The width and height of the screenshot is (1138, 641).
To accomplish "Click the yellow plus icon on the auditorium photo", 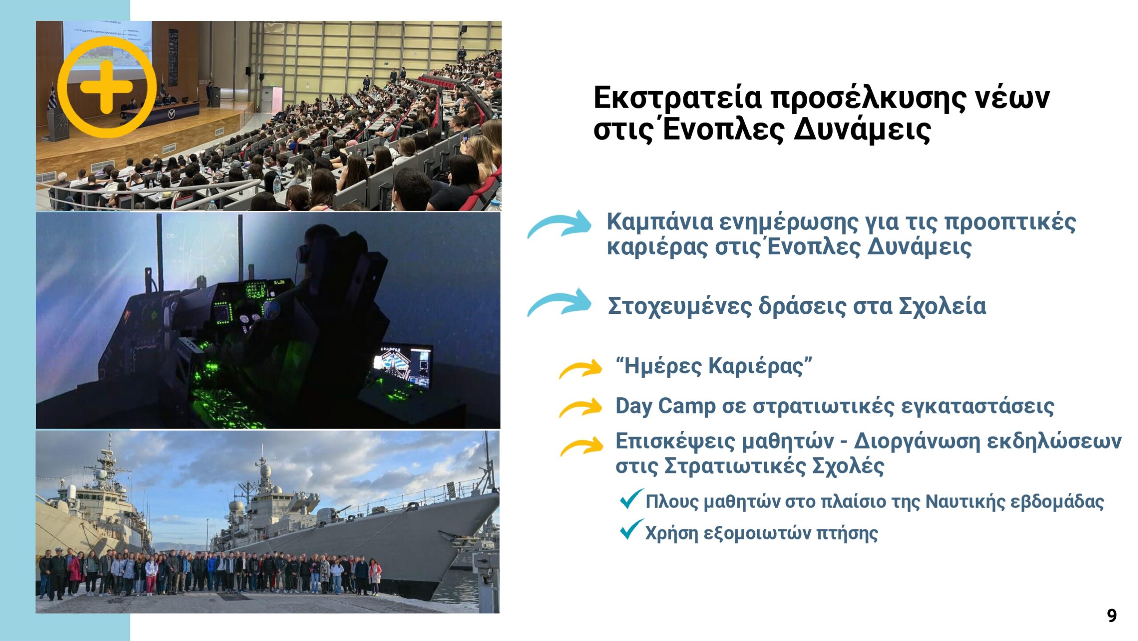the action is tap(107, 87).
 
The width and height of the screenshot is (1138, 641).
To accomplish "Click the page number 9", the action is tap(1111, 616).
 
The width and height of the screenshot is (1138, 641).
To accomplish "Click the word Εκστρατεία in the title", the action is tap(678, 99).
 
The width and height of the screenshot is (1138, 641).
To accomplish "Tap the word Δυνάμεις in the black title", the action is tap(862, 130).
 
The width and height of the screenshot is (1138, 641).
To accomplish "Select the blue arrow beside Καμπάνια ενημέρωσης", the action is tap(559, 224).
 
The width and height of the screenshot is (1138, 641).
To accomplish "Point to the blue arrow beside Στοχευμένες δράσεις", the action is tap(559, 302).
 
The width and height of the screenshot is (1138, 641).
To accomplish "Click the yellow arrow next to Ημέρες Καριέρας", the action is tap(581, 369).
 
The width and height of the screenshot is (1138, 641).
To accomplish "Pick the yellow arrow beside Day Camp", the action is tap(581, 408).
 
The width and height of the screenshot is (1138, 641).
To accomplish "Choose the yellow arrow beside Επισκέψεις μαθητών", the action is tap(581, 446).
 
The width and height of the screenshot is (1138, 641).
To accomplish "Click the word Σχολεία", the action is tap(942, 306).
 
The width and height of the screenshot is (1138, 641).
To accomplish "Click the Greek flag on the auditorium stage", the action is tap(52, 97).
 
